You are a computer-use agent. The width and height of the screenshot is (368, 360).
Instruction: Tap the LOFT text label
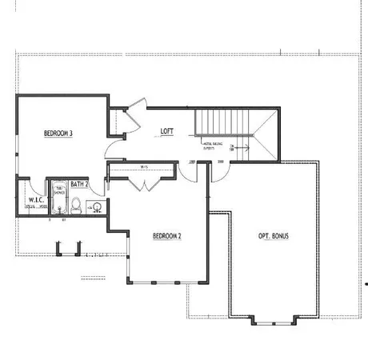click(167, 131)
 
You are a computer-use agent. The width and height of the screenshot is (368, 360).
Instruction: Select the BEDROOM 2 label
click(167, 236)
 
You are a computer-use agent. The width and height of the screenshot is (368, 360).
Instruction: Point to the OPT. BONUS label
click(274, 236)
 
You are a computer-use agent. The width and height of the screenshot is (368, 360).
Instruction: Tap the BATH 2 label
click(79, 184)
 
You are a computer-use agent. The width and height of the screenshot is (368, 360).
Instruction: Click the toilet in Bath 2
click(77, 206)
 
